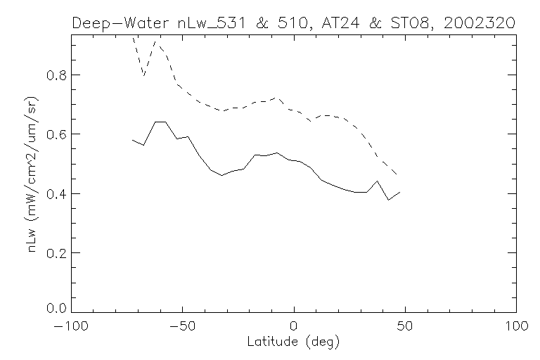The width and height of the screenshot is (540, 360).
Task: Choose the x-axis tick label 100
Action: point(516,328)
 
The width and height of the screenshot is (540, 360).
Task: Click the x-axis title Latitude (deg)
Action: point(294,343)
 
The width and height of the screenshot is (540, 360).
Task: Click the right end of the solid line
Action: point(400,192)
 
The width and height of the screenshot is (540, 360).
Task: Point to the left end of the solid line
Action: point(132,140)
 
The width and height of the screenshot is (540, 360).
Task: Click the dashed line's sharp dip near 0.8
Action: point(143,75)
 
